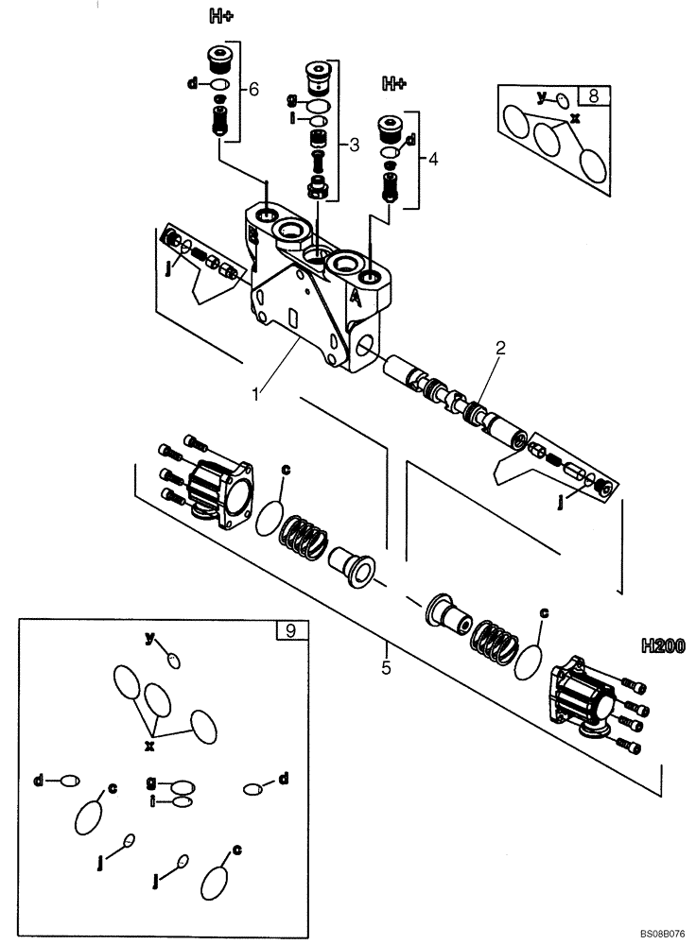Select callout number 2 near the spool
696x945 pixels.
[x=499, y=348]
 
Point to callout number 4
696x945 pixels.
[x=433, y=160]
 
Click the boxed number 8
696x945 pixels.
[x=593, y=95]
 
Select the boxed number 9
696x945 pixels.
[x=290, y=630]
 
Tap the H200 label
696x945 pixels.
[x=661, y=646]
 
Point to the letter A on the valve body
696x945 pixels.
[x=356, y=296]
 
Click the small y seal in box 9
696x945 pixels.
[x=172, y=660]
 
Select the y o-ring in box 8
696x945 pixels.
[x=561, y=100]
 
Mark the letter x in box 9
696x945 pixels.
[x=148, y=746]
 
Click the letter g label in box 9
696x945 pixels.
[x=151, y=783]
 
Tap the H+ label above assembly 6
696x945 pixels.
[x=219, y=15]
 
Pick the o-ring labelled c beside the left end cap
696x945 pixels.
[x=270, y=515]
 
